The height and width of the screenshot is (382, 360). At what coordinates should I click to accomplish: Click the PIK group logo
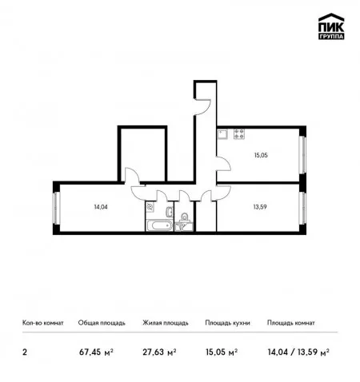pos(331,26)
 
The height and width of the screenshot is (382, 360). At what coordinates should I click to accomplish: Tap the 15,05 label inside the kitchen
pos(261,155)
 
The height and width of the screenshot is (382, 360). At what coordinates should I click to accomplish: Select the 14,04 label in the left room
pos(101,207)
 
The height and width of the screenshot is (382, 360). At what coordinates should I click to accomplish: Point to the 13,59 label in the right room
pos(260,207)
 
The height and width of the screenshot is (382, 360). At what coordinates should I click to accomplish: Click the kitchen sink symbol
pos(222,134)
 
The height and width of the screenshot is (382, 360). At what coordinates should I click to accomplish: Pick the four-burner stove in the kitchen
pos(239,134)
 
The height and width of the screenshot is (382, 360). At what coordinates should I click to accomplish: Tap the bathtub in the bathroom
pos(159,226)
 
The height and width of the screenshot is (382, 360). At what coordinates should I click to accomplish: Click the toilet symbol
pos(184,217)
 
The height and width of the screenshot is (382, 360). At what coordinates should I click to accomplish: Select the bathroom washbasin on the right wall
pos(170,212)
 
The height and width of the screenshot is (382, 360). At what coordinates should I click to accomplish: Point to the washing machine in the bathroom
pos(150,207)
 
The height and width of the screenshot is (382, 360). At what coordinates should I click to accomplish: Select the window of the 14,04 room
pos(56,208)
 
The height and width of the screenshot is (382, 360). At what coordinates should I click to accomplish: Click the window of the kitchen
pos(302,155)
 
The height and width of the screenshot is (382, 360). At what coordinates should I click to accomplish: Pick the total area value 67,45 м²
pos(96,352)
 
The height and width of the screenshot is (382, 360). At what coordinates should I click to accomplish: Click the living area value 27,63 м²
pos(159,352)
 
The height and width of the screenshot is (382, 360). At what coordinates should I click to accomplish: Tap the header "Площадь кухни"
pos(227,323)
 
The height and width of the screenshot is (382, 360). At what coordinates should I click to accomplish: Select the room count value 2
pos(25,352)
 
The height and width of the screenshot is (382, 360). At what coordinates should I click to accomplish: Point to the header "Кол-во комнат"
pos(43,323)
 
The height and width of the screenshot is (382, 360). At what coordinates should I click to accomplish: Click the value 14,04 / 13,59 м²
pos(298,352)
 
